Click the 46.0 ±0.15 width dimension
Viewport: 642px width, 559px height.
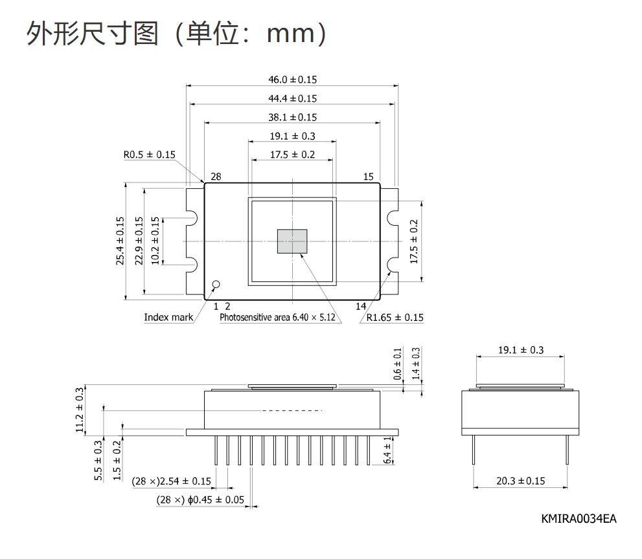(292, 80)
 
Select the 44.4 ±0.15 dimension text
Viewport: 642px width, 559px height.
(292, 98)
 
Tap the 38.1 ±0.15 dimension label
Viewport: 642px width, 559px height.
(292, 117)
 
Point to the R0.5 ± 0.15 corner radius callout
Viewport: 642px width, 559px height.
(149, 155)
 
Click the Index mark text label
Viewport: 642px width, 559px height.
(168, 317)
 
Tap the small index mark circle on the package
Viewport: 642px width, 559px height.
(216, 284)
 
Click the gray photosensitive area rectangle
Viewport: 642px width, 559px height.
(292, 241)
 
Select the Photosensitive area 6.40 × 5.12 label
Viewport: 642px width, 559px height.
(277, 317)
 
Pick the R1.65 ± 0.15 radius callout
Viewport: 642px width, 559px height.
(395, 318)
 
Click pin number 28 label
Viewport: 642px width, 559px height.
(216, 177)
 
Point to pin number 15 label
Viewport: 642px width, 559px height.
(368, 177)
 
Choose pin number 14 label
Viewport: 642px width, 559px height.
(360, 306)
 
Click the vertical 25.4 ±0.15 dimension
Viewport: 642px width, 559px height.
(120, 241)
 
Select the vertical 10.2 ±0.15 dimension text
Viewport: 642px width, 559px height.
(155, 241)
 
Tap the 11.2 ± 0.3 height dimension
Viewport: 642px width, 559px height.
(80, 410)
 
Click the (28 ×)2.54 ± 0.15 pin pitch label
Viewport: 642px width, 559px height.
(171, 481)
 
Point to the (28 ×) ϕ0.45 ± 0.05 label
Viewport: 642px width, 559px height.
(200, 500)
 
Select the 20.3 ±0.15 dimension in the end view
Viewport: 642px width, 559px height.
(520, 481)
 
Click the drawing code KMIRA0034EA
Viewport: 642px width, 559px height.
(579, 519)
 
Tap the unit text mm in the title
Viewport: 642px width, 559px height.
(290, 34)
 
